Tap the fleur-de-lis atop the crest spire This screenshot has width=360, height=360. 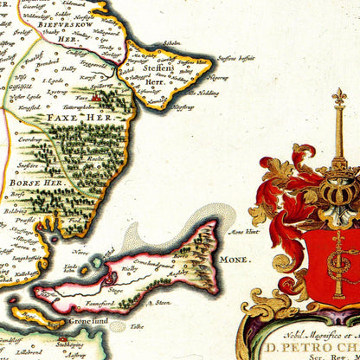pos(338,96)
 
